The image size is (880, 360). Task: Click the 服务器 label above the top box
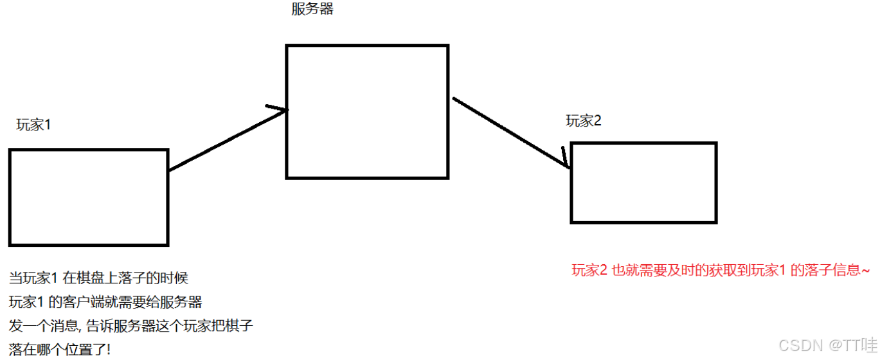tap(312, 10)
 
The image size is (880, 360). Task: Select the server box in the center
tap(367, 111)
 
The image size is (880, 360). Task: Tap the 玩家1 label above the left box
tap(33, 125)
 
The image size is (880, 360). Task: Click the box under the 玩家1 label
tap(89, 197)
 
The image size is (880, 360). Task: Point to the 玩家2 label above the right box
tap(584, 121)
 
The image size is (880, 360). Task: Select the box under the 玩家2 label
tap(643, 183)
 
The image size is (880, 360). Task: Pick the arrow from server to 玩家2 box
tap(511, 132)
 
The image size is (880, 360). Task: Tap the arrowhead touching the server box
tap(280, 110)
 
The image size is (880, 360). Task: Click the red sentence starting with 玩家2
tap(720, 271)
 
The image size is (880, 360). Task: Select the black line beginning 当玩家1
tap(98, 278)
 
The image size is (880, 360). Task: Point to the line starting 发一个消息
tap(131, 326)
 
